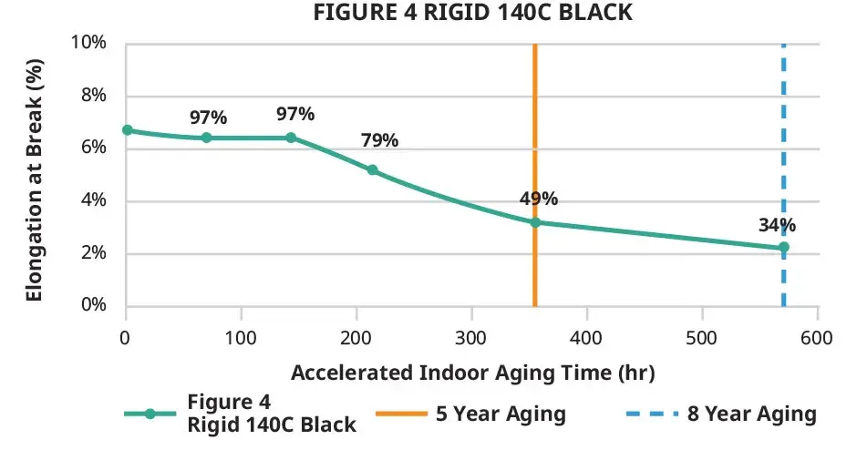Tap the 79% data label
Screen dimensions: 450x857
(379, 140)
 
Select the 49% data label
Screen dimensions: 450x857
(539, 199)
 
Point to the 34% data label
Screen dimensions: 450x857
(776, 225)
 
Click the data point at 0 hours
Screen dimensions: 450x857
(127, 130)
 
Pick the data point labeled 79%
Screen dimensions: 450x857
(372, 170)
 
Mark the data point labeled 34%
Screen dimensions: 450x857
(783, 247)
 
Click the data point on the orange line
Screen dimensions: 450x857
(535, 222)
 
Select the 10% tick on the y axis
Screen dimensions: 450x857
(90, 44)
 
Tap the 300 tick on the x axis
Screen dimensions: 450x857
(471, 338)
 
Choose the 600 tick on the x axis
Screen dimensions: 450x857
(817, 338)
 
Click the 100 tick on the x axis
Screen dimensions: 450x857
(241, 338)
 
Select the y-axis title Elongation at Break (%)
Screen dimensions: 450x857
(35, 175)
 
